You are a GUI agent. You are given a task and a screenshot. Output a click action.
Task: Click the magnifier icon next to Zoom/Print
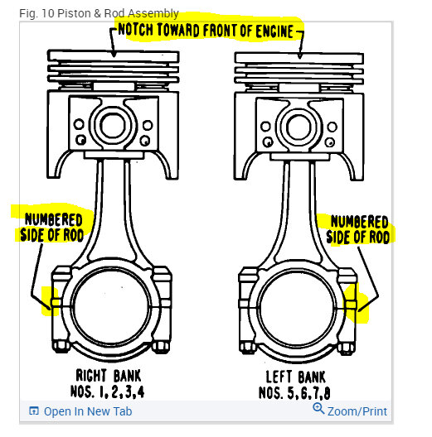(x=318, y=409)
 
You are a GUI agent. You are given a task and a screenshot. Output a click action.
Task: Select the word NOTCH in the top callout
(x=135, y=30)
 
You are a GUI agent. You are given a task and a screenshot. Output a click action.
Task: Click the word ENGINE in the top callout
(x=274, y=31)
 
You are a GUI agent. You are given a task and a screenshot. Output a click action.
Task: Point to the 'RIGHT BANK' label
(x=109, y=376)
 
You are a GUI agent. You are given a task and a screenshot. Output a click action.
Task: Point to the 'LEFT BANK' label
(x=295, y=377)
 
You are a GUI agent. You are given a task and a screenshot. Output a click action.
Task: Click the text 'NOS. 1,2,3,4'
(x=107, y=391)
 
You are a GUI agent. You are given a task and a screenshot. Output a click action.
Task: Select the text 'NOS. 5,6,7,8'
(x=294, y=393)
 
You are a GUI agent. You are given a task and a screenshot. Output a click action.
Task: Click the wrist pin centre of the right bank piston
(x=113, y=126)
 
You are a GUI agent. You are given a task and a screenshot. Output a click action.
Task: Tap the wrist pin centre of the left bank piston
(x=299, y=127)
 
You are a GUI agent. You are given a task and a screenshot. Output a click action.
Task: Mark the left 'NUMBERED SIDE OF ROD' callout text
(x=51, y=228)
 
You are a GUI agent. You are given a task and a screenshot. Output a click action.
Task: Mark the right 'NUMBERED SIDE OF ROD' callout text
(x=358, y=229)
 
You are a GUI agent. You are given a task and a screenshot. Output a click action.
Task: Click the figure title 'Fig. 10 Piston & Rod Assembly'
(x=99, y=13)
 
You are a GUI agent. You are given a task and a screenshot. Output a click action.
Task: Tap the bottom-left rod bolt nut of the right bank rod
(x=61, y=346)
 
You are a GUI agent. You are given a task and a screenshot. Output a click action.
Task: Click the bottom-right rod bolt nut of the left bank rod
(x=347, y=348)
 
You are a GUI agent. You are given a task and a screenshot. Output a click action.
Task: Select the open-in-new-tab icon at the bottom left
(x=34, y=411)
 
